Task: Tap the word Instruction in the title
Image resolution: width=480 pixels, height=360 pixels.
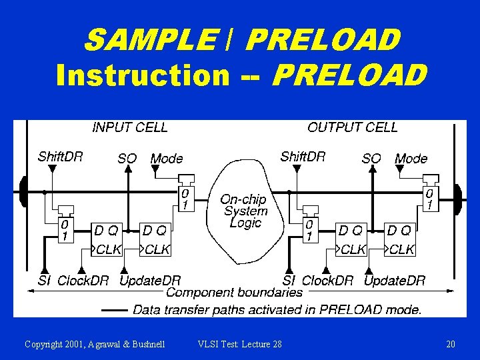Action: (x=143, y=75)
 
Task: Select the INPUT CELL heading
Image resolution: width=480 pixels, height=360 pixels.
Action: (x=130, y=127)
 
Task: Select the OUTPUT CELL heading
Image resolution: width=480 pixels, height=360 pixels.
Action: (x=352, y=127)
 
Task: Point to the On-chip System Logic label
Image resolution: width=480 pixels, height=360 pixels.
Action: (x=245, y=211)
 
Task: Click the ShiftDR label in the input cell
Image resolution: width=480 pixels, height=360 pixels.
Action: (x=61, y=157)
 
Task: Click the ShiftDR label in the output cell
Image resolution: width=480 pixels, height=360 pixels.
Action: (x=303, y=157)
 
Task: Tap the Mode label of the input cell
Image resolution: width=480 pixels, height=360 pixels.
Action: (x=167, y=159)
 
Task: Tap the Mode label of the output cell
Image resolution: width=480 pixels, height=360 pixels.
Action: (x=411, y=159)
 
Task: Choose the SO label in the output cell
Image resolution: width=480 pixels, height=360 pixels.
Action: (x=371, y=159)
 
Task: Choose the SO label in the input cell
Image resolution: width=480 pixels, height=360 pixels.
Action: (x=127, y=159)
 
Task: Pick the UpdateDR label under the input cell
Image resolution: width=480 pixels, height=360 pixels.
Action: (x=150, y=281)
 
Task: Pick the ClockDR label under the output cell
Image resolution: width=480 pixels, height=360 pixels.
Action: (x=327, y=281)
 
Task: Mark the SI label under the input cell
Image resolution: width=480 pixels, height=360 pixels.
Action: (x=44, y=281)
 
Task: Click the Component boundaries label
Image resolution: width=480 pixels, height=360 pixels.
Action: (x=234, y=293)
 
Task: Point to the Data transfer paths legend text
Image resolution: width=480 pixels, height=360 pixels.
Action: (x=277, y=309)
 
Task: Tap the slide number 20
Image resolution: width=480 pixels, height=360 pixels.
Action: (x=451, y=344)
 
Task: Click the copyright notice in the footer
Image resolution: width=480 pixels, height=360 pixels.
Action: (x=95, y=344)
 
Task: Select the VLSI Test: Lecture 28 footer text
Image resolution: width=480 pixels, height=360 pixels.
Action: (x=240, y=344)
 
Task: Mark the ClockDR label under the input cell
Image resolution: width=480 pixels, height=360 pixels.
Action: (x=83, y=281)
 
